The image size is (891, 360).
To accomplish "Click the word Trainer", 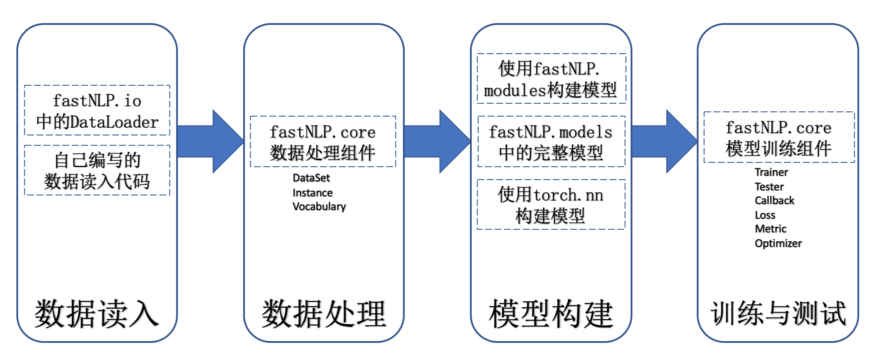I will [x=771, y=172].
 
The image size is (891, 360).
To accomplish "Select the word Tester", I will [x=769, y=187].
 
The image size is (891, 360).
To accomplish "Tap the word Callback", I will [x=774, y=201].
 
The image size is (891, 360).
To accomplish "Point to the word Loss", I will [x=765, y=215].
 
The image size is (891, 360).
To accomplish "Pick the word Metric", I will [x=771, y=229].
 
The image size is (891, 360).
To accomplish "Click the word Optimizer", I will [x=778, y=243].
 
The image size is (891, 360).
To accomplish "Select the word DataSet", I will [x=311, y=178].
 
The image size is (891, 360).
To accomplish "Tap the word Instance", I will [x=312, y=193].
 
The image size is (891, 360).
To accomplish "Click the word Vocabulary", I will [x=319, y=207].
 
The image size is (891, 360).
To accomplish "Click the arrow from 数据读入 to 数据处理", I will [x=210, y=141].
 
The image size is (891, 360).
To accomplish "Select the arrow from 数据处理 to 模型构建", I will [x=437, y=141].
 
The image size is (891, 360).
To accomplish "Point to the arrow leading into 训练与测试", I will [x=664, y=141].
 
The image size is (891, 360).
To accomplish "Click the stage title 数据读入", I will [x=97, y=314].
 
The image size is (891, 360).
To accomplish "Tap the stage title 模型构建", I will [x=551, y=314].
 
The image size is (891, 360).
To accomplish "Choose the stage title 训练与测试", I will [x=778, y=314].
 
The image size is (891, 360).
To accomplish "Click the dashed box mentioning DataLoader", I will [x=97, y=111].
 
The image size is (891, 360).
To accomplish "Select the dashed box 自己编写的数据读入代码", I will [x=97, y=171].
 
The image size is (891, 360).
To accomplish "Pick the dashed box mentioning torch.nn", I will [x=551, y=205].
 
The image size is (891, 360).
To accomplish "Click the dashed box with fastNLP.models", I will [x=551, y=141].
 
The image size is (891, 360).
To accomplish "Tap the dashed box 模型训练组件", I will [x=779, y=138].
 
